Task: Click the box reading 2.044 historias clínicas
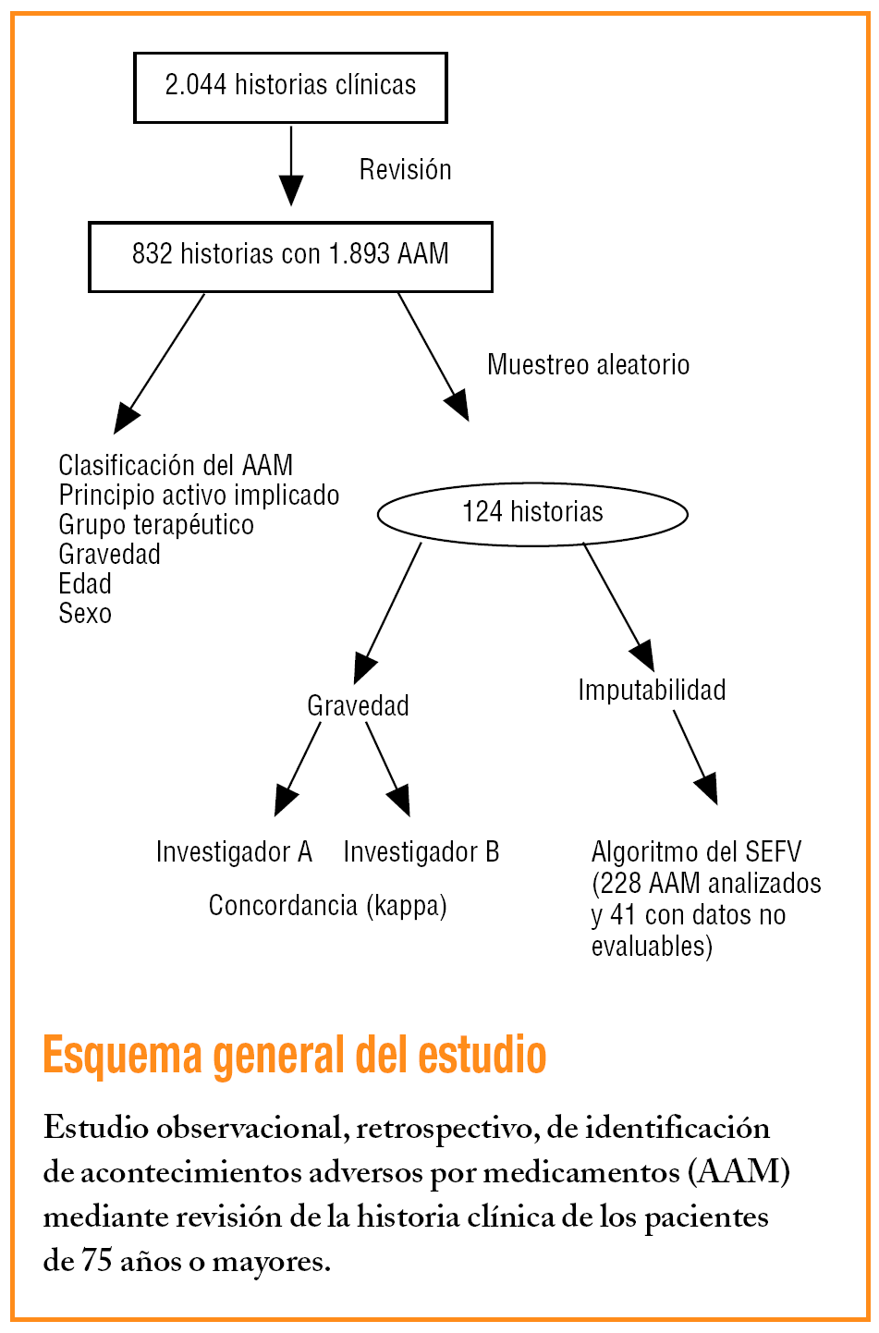[x=290, y=87]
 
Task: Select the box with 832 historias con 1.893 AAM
[x=290, y=255]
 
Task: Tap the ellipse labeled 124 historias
[x=532, y=513]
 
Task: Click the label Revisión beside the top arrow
[x=405, y=170]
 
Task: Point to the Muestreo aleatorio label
[x=588, y=365]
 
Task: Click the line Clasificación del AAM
[x=176, y=465]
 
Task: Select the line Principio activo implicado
[x=199, y=495]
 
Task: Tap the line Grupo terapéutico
[x=156, y=525]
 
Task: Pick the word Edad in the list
[x=85, y=584]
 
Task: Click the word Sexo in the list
[x=85, y=614]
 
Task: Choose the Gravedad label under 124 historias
[x=358, y=706]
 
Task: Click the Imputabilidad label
[x=652, y=691]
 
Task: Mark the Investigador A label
[x=234, y=852]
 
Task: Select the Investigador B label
[x=421, y=852]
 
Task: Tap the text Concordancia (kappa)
[x=327, y=906]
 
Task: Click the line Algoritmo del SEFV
[x=696, y=852]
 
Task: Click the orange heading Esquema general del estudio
[x=295, y=1055]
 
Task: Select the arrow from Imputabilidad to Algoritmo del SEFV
[x=695, y=757]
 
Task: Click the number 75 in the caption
[x=97, y=1261]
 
